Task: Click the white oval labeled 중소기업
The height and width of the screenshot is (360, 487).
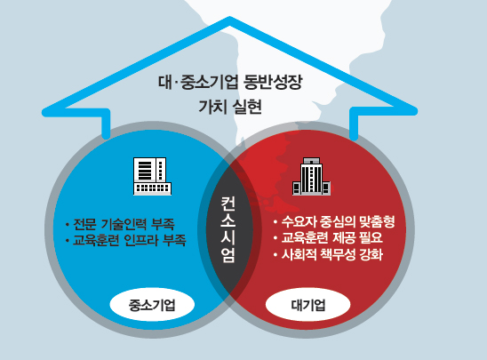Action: pyautogui.click(x=152, y=305)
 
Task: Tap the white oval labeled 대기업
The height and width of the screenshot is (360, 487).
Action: pyautogui.click(x=307, y=305)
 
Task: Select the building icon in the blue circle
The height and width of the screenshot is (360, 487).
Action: pyautogui.click(x=152, y=176)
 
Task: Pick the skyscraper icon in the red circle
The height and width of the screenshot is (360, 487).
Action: pyautogui.click(x=311, y=176)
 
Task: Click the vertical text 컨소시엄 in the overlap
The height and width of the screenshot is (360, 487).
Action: pyautogui.click(x=228, y=229)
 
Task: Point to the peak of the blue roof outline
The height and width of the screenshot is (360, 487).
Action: pyautogui.click(x=229, y=20)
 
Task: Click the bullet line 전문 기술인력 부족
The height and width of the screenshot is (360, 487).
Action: pyautogui.click(x=120, y=224)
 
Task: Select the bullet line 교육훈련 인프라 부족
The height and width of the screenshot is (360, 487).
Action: pyautogui.click(x=126, y=240)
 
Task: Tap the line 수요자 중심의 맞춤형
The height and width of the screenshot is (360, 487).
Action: pyautogui.click(x=334, y=221)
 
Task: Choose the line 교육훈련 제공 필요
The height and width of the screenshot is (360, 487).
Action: pyautogui.click(x=328, y=238)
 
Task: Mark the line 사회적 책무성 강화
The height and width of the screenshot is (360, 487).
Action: pyautogui.click(x=328, y=254)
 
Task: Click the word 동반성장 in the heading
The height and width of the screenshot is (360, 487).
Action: pyautogui.click(x=273, y=83)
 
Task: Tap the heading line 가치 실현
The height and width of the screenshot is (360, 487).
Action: pyautogui.click(x=230, y=107)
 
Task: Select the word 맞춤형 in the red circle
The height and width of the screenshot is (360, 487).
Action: pyautogui.click(x=377, y=221)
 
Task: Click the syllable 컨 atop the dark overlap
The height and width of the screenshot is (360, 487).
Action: pyautogui.click(x=228, y=204)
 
